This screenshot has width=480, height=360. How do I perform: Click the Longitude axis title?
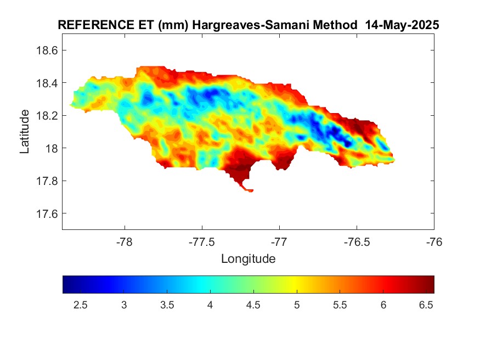[248, 258]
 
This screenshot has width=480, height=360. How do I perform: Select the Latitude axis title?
[25, 131]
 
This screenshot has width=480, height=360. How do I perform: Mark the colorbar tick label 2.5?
[81, 305]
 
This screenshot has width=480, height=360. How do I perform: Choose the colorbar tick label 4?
[210, 305]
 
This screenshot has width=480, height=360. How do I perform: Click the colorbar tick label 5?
[297, 305]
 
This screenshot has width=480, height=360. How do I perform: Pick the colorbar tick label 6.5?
[426, 305]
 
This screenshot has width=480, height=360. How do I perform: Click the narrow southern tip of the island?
[250, 190]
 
